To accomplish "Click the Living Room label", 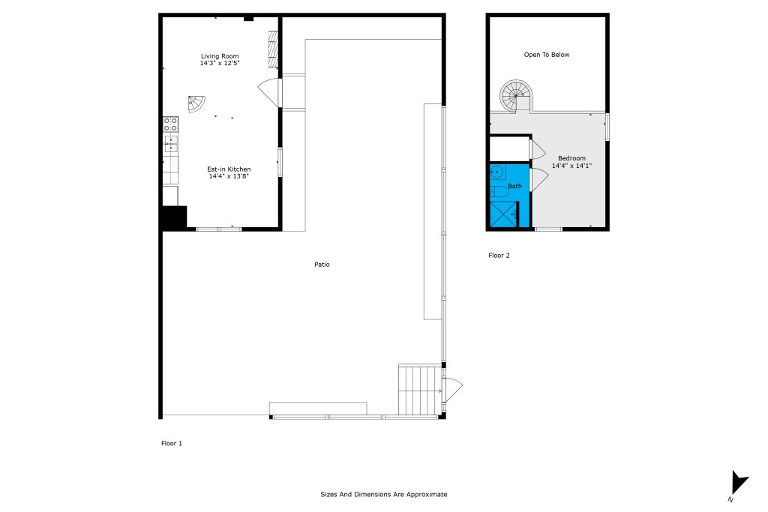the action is click(220, 56).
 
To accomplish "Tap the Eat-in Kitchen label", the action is click(229, 169).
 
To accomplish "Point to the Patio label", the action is click(322, 265).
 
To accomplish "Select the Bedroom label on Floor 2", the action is click(571, 158).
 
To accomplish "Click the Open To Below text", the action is click(547, 55).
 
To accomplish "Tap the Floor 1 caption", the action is click(172, 444).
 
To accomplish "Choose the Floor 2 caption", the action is click(499, 256).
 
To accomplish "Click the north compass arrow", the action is click(739, 482).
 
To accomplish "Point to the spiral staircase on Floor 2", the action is click(516, 96).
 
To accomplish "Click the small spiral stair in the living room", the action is click(196, 103).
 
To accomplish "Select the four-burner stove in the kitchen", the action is click(170, 124).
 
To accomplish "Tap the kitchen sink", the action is click(170, 143).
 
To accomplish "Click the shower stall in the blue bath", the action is click(504, 214).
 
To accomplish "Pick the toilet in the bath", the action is click(499, 191).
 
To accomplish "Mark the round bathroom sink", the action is click(497, 172).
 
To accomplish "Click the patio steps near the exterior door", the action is click(420, 390).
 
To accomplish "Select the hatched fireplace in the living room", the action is click(273, 49).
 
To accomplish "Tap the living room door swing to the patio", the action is click(269, 92).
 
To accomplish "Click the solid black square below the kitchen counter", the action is click(174, 217).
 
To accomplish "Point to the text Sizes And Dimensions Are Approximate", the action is click(384, 494).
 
